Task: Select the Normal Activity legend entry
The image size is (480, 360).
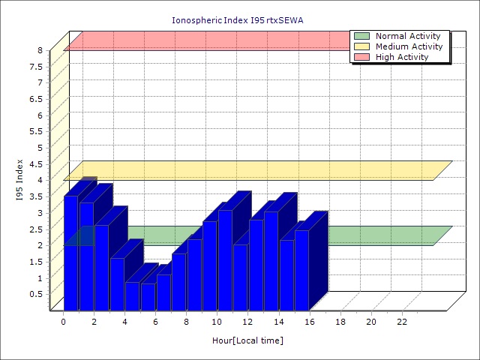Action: tap(409, 36)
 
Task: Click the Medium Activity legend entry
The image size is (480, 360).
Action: tap(409, 46)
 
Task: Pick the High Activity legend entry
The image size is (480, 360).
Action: tap(402, 57)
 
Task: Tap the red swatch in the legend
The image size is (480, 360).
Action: tap(361, 57)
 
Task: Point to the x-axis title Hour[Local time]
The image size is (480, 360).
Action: tap(247, 340)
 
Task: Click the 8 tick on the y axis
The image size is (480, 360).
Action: tap(40, 50)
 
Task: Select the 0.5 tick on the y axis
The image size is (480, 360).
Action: tap(36, 293)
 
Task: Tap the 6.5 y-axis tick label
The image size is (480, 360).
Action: tap(36, 99)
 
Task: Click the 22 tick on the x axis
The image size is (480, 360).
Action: tap(402, 322)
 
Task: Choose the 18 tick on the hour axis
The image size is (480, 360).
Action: tap(340, 322)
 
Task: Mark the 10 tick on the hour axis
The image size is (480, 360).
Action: tap(217, 322)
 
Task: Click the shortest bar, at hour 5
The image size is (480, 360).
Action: tap(148, 296)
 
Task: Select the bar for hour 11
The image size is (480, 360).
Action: tap(240, 277)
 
